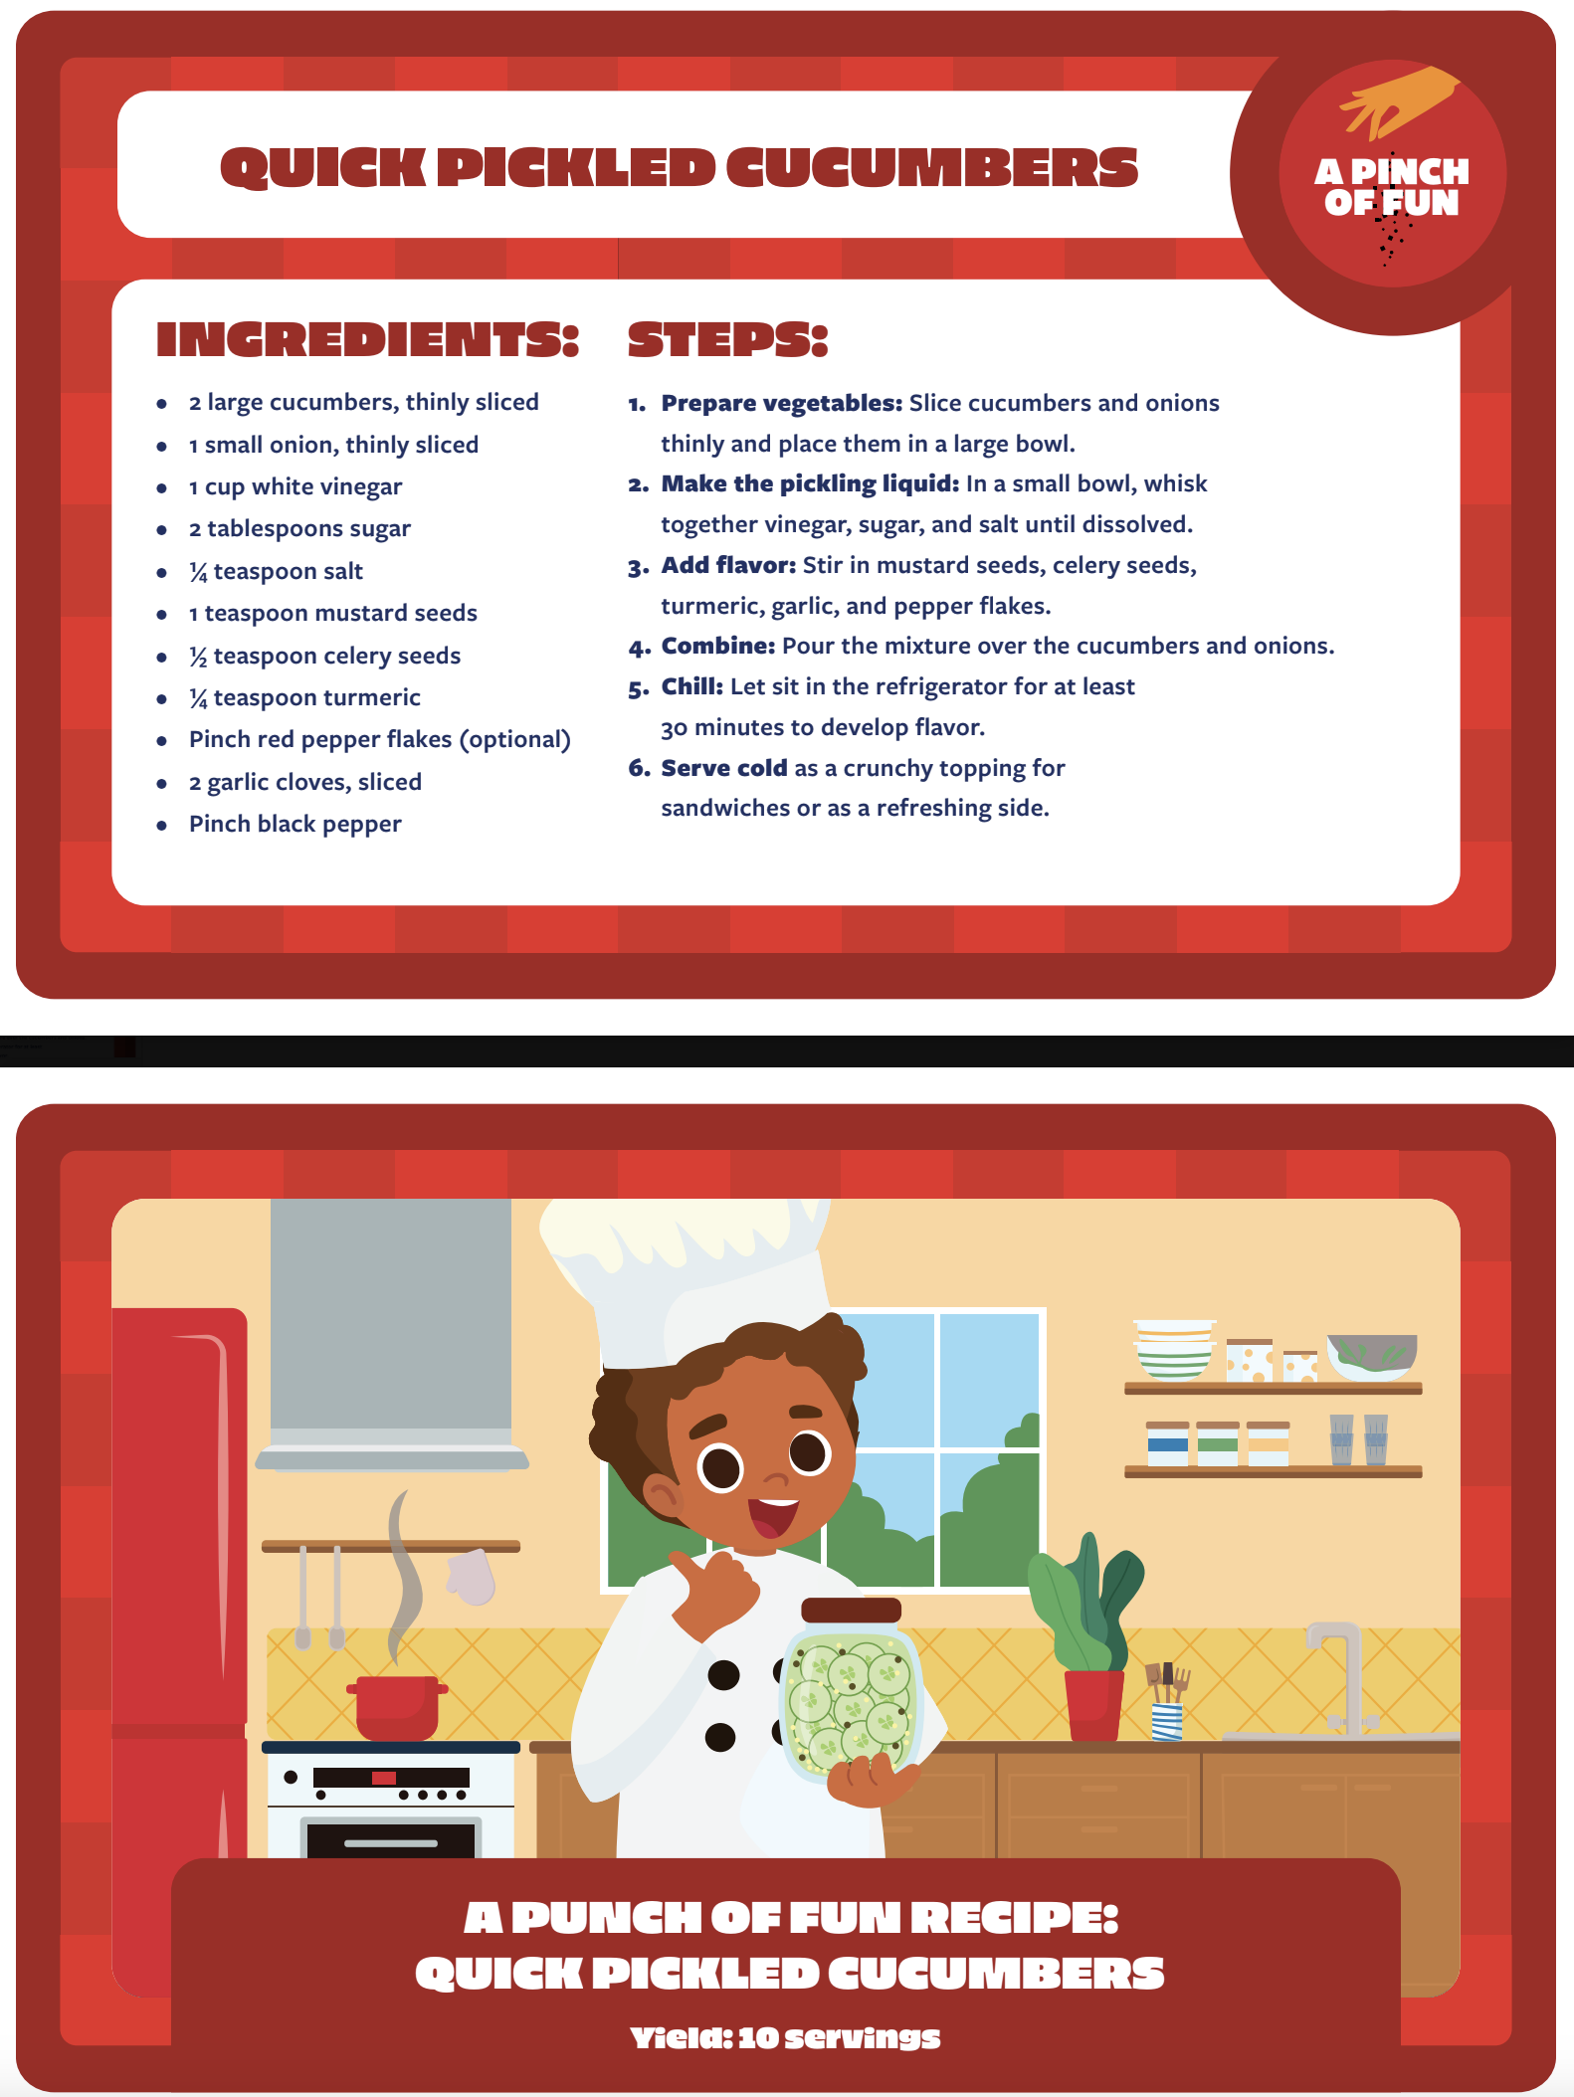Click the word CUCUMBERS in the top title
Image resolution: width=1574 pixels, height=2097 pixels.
click(x=931, y=166)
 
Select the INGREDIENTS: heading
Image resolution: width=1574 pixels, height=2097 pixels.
click(x=367, y=339)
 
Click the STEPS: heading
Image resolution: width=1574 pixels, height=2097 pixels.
click(x=727, y=339)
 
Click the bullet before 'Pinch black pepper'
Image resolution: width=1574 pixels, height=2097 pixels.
click(x=161, y=825)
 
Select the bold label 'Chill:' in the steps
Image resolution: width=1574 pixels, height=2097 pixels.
click(x=692, y=686)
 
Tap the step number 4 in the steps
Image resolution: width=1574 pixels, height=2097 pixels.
click(x=639, y=648)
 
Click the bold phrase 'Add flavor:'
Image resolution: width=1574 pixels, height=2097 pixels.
click(x=728, y=565)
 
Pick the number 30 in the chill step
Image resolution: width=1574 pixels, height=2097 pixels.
click(x=674, y=728)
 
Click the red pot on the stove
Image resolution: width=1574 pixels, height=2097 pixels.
click(x=397, y=1707)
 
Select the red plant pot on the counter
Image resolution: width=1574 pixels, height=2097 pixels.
click(x=1093, y=1705)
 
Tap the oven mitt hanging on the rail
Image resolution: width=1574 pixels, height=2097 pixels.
click(x=471, y=1577)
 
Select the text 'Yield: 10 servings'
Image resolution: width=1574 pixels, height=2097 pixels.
click(x=785, y=2037)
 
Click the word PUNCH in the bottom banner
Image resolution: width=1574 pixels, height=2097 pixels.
click(x=606, y=1917)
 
